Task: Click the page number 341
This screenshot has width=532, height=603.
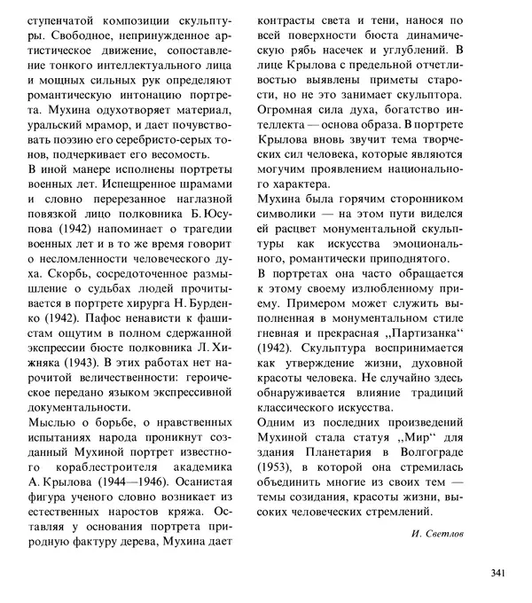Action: coord(496,572)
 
